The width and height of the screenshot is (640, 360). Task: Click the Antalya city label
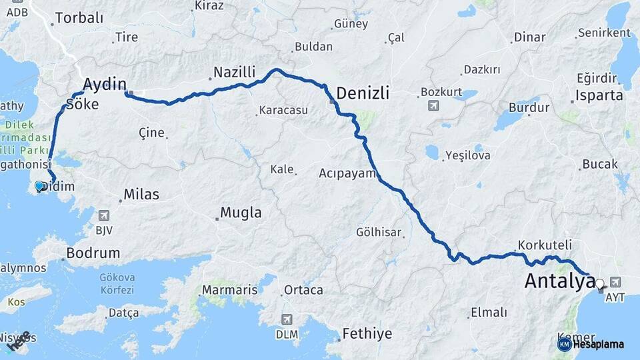coord(559,281)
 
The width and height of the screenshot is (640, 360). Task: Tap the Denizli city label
coord(372,93)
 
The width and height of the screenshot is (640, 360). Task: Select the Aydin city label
coord(104,83)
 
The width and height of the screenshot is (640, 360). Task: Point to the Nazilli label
coord(234,72)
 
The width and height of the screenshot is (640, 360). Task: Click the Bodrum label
coord(93,253)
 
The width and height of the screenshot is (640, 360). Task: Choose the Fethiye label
coord(367,333)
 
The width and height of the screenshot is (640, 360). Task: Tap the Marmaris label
coord(229,290)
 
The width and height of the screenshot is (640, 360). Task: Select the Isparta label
coord(599,95)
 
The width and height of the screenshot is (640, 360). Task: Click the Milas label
coord(141,195)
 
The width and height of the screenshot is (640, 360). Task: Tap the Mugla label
coord(241,213)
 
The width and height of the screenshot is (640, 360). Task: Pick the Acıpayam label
coord(344,173)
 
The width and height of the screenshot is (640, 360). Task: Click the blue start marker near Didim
coord(39,187)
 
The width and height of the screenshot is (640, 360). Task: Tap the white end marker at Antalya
coord(600,283)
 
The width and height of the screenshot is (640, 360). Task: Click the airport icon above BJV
coord(104,215)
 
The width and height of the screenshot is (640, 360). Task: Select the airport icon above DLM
coord(287,319)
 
